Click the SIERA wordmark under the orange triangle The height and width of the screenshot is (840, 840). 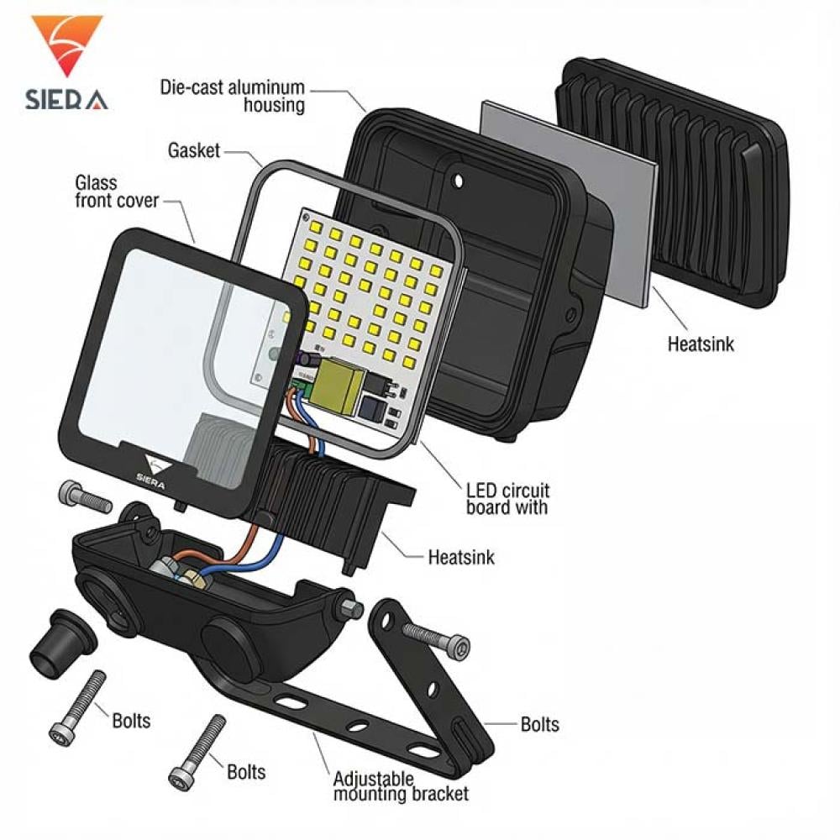click(x=66, y=100)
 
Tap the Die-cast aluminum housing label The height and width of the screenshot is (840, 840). click(x=233, y=96)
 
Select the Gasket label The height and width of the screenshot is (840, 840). click(x=194, y=150)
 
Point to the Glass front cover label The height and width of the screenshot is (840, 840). click(x=117, y=192)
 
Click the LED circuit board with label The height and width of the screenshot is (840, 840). click(x=507, y=499)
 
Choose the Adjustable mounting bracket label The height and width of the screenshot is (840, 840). click(x=401, y=786)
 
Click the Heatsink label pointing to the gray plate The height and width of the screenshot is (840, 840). click(x=701, y=344)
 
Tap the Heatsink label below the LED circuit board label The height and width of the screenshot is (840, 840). click(x=461, y=557)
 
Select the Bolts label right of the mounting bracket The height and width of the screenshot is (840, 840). click(x=540, y=724)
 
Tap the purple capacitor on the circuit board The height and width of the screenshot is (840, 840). click(x=308, y=358)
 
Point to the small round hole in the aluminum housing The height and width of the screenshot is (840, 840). click(x=458, y=181)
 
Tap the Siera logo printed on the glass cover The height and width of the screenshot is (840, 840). click(x=153, y=471)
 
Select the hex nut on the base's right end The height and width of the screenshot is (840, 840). click(x=349, y=608)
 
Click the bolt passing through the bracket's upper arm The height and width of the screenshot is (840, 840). click(x=435, y=638)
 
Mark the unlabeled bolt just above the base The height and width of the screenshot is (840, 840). click(x=86, y=497)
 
